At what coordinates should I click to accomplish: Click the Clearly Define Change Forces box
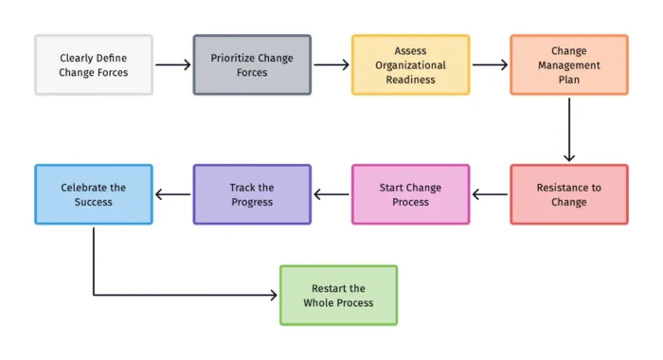(94, 64)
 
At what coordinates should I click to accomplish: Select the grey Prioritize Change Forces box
(252, 64)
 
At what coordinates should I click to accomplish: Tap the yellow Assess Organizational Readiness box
(410, 64)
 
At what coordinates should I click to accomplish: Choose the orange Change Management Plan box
(568, 64)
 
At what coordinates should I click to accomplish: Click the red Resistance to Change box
(568, 194)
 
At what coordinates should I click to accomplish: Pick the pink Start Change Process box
(410, 194)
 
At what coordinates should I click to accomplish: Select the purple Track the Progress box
(252, 194)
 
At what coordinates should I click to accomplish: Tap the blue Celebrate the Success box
(94, 194)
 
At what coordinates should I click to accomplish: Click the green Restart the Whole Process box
(338, 296)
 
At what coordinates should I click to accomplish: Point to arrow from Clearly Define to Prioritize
(172, 65)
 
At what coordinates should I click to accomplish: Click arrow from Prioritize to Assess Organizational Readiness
(331, 65)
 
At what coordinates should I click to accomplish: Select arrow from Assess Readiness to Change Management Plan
(490, 65)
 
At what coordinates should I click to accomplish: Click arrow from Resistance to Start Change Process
(490, 195)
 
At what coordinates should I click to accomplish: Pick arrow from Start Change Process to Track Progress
(331, 195)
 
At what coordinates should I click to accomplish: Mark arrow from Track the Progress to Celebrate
(172, 195)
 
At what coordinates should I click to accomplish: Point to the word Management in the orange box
(568, 65)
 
